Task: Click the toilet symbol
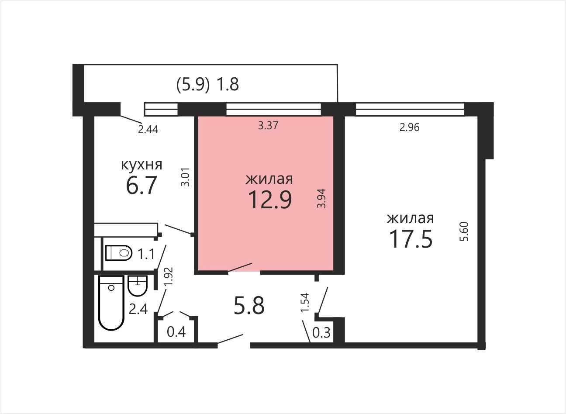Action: pos(119,252)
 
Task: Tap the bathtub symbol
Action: pos(111,303)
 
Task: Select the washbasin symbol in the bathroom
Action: pos(138,286)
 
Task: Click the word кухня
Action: pos(141,165)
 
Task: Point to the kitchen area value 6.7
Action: pos(141,186)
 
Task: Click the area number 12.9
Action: pos(270,200)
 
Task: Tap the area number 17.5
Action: pos(411,239)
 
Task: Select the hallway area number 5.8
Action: pos(249,305)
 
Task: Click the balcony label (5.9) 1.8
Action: pos(207,84)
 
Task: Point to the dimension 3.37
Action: pos(268,125)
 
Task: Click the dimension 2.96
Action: pos(409,128)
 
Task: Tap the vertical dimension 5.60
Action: pos(464,231)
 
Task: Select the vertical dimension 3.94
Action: pos(322,198)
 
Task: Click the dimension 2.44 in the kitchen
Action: pos(148,130)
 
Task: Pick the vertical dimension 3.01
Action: pos(185,177)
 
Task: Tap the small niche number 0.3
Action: pos(321,332)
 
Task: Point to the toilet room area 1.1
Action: pos(146,254)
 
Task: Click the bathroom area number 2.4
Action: pos(138,309)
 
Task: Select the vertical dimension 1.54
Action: pos(305,302)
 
